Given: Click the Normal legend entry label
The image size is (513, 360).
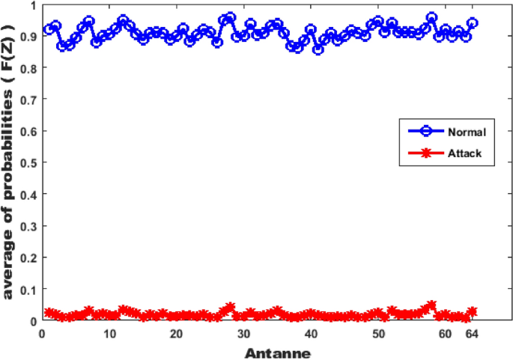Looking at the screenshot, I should (x=467, y=132).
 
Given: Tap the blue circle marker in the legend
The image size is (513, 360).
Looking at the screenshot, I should (x=427, y=131).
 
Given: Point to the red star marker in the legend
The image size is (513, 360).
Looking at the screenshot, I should (x=427, y=152).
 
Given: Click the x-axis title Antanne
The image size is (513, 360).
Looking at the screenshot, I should (x=277, y=352).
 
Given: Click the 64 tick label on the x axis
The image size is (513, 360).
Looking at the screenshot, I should (x=472, y=335).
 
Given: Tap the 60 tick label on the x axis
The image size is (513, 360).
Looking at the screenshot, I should (x=445, y=335).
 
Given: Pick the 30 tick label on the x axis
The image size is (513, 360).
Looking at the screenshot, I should (x=244, y=335).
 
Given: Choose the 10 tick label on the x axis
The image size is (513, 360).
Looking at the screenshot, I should (x=109, y=335).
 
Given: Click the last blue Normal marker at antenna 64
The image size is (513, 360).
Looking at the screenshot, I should (x=473, y=24).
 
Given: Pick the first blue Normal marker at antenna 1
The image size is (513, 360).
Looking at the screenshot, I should (x=49, y=29).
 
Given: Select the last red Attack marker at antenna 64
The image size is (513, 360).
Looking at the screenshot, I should (x=473, y=311).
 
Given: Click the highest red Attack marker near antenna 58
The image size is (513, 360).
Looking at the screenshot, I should (x=431, y=305).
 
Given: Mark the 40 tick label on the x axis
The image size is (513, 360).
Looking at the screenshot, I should (x=312, y=335).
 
